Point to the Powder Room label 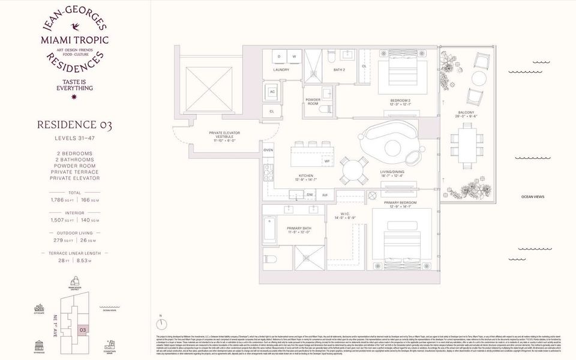pyautogui.click(x=313, y=101)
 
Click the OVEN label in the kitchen pyautogui.click(x=268, y=150)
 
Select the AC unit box pyautogui.click(x=272, y=92)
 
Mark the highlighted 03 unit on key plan pyautogui.click(x=83, y=329)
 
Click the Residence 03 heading pyautogui.click(x=74, y=125)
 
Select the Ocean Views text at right pyautogui.click(x=532, y=197)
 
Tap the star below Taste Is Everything pyautogui.click(x=75, y=97)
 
